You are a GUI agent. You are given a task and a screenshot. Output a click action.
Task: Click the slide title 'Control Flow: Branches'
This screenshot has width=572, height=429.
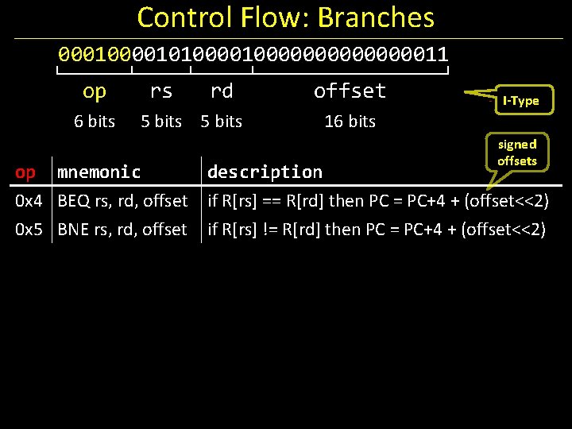[x=286, y=17]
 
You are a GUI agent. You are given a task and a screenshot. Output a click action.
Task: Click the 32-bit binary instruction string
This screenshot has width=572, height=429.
[x=253, y=55]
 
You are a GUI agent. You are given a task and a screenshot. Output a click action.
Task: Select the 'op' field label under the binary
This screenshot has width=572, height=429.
[x=95, y=91]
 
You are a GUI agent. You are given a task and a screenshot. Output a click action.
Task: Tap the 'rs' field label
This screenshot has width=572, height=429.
[x=161, y=91]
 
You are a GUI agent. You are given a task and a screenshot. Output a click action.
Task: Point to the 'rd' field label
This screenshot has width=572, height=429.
[x=222, y=91]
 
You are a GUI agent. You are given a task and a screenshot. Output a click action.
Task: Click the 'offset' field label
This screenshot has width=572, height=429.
[x=350, y=91]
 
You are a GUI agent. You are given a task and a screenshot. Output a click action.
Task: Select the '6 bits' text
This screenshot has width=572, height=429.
[x=95, y=122]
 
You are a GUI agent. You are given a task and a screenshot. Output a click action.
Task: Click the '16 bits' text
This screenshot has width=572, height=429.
[x=350, y=122]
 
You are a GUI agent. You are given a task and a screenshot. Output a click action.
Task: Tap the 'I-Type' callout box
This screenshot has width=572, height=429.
[x=520, y=100]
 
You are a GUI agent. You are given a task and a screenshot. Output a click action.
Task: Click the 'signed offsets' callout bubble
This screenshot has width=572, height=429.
[x=517, y=152]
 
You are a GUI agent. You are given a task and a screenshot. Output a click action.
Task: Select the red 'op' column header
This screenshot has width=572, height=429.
[x=25, y=172]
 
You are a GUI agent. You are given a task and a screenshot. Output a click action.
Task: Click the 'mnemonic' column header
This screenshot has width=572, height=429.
[x=99, y=172]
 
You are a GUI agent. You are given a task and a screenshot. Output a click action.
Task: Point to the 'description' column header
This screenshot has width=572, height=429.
[x=265, y=172]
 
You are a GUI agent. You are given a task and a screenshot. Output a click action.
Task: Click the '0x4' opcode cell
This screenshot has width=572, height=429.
[x=29, y=201]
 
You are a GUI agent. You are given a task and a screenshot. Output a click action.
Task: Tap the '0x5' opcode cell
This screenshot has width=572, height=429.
[x=29, y=230]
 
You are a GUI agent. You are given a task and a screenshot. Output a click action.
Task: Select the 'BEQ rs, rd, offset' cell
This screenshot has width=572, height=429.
[x=122, y=201]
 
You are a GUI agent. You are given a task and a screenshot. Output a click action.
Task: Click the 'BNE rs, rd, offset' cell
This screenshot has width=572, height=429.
[x=122, y=230]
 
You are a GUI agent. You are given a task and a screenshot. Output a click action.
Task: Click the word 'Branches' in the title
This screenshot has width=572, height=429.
[x=376, y=17]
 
